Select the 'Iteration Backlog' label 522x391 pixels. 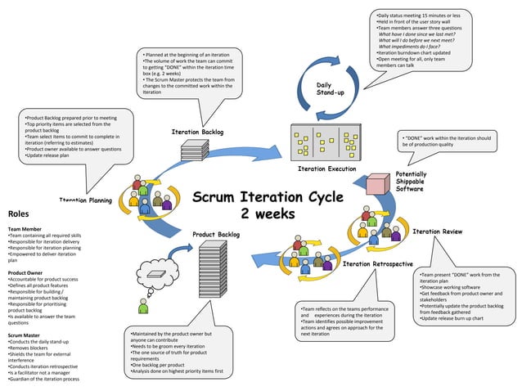(x=197, y=131)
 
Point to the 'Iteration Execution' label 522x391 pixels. (x=326, y=169)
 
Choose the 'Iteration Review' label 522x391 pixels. (x=437, y=231)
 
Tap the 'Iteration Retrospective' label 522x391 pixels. (x=377, y=264)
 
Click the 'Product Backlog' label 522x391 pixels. (x=216, y=235)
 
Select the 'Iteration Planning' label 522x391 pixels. (x=86, y=200)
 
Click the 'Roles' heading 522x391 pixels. (x=19, y=214)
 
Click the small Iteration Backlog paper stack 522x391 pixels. (x=195, y=151)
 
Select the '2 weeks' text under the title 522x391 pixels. (x=262, y=215)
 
